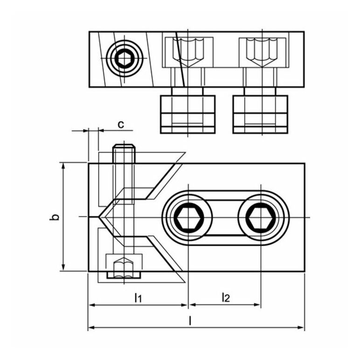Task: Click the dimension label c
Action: [121, 125]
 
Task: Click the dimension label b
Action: [54, 217]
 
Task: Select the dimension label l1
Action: [138, 298]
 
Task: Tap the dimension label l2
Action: [226, 297]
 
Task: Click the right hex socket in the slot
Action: [261, 216]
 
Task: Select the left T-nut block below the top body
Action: [187, 114]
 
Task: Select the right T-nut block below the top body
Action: [260, 114]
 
